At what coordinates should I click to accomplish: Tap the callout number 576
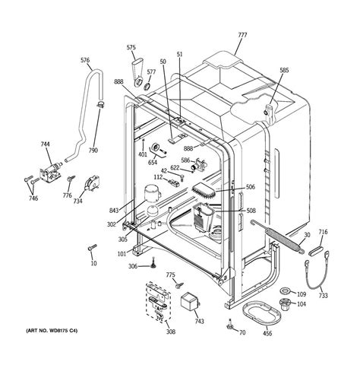[x=85, y=61]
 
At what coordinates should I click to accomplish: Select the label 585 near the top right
[x=284, y=71]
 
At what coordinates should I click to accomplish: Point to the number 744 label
[x=46, y=144]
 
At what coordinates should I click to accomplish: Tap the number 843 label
[x=114, y=211]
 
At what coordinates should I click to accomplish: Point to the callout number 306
[x=133, y=266]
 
